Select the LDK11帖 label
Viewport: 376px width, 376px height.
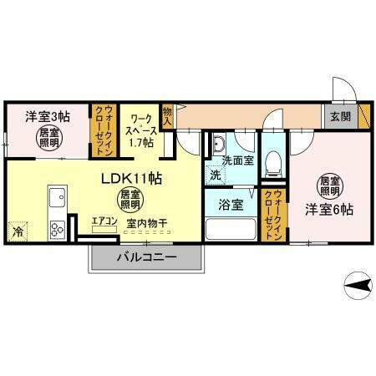coord(131,178)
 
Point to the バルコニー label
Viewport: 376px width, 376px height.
coord(145,257)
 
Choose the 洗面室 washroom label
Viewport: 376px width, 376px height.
coord(238,160)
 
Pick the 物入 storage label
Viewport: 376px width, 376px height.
coord(168,115)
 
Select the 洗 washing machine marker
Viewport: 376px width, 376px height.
coord(215,175)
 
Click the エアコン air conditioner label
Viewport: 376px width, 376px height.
coord(104,221)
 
